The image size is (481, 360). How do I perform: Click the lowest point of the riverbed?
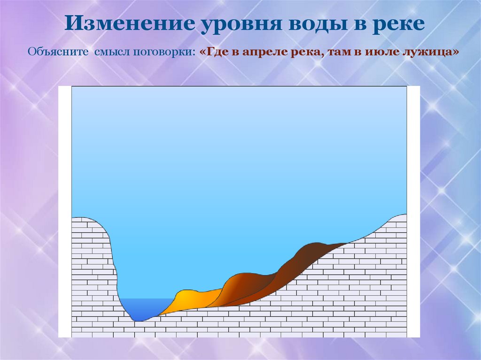point(138,321)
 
